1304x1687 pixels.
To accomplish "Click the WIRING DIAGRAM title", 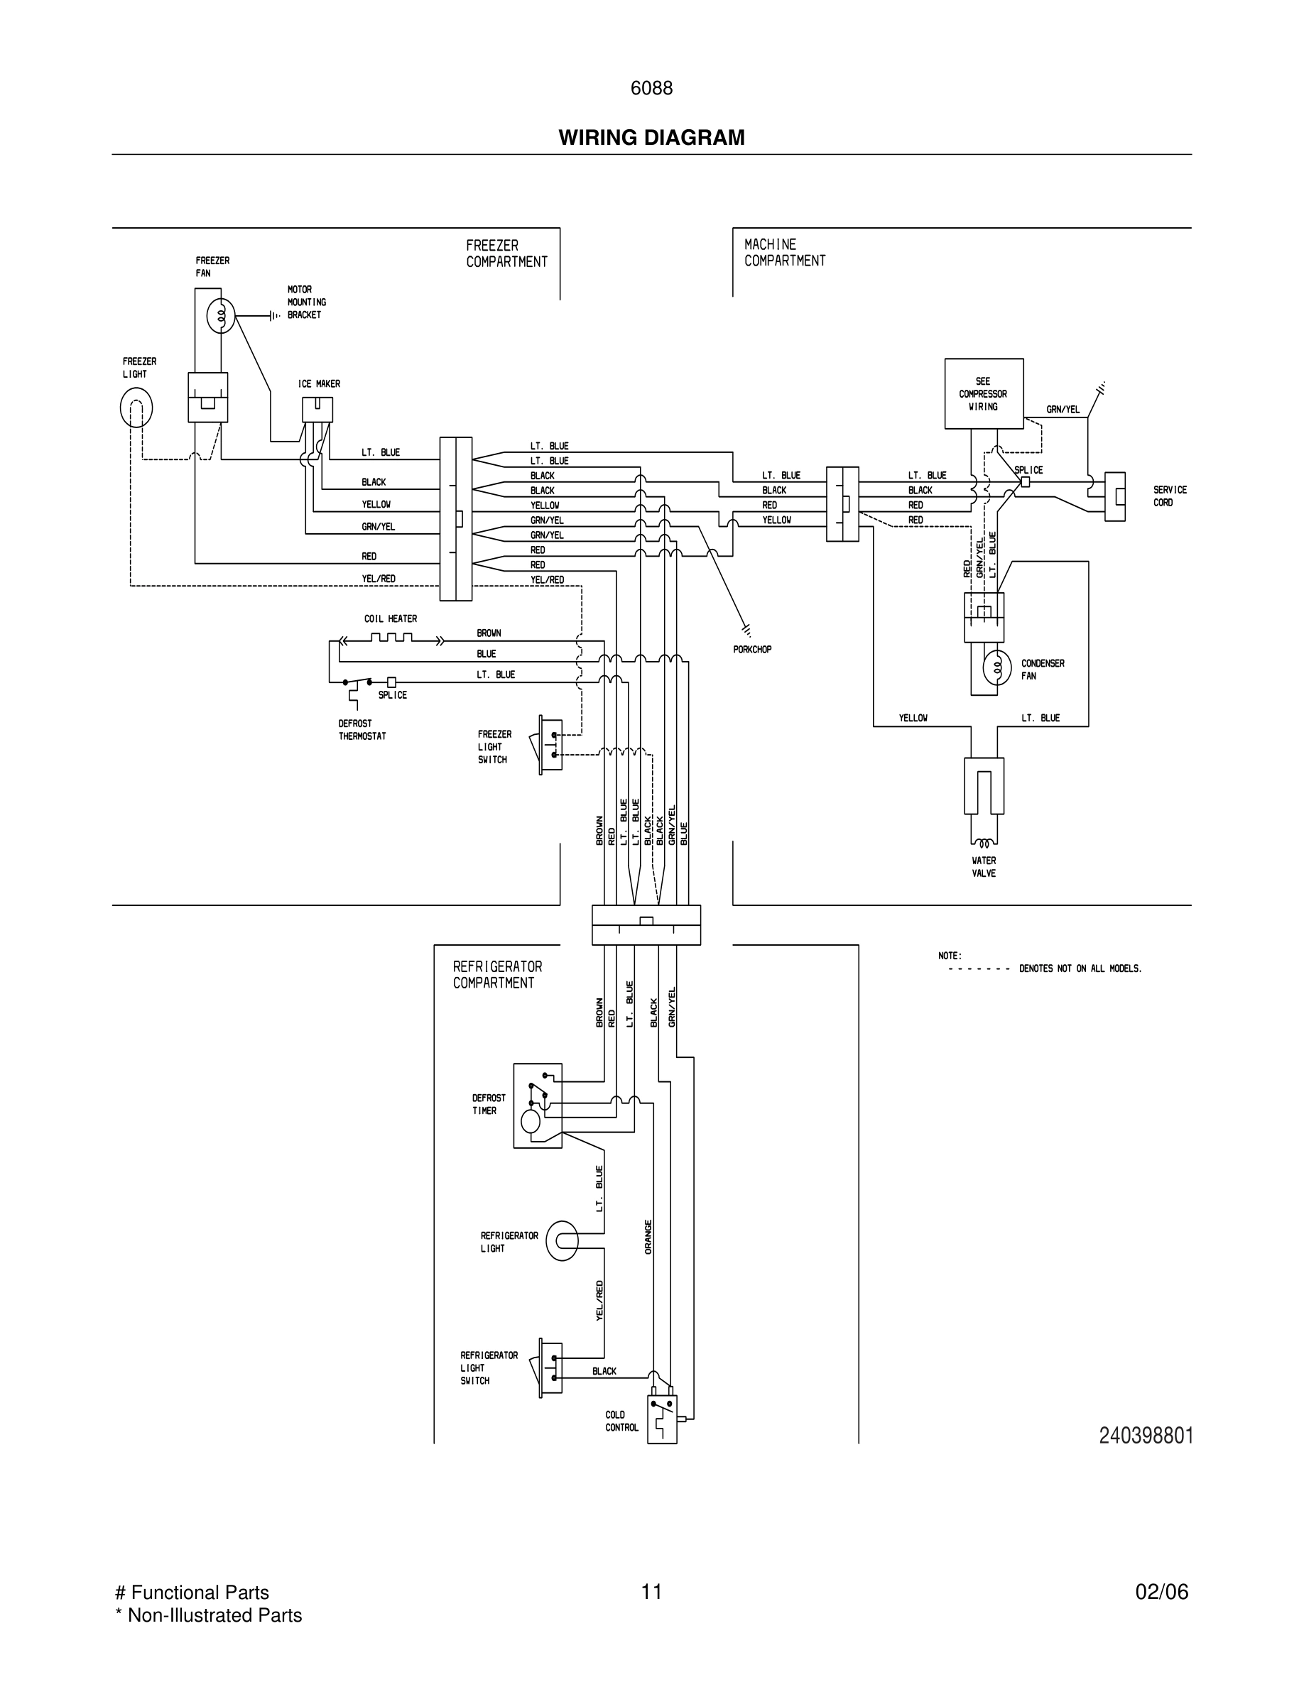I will click(651, 138).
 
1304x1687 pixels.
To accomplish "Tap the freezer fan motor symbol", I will click(220, 315).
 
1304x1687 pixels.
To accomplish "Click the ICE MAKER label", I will click(319, 384).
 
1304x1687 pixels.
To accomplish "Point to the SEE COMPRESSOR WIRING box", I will click(984, 393).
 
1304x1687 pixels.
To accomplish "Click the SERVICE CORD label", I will click(1170, 496).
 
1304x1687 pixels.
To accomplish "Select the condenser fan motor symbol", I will click(996, 667).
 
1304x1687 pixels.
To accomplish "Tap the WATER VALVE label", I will click(984, 867).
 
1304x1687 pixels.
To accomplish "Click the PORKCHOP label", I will click(751, 650).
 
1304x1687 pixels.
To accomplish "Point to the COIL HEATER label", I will click(390, 618).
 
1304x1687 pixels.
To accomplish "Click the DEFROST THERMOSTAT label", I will click(362, 730).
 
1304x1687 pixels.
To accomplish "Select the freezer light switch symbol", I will click(550, 744).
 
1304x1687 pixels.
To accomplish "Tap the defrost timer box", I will click(537, 1105).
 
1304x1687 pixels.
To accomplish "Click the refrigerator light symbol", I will click(562, 1240).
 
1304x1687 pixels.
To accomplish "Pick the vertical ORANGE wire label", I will click(648, 1236).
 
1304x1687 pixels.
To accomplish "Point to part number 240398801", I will click(1146, 1435).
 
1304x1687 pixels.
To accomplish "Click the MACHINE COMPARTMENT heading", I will click(784, 253).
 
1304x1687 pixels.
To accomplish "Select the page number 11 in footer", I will click(651, 1591).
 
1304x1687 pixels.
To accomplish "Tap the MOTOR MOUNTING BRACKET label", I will click(307, 302).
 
